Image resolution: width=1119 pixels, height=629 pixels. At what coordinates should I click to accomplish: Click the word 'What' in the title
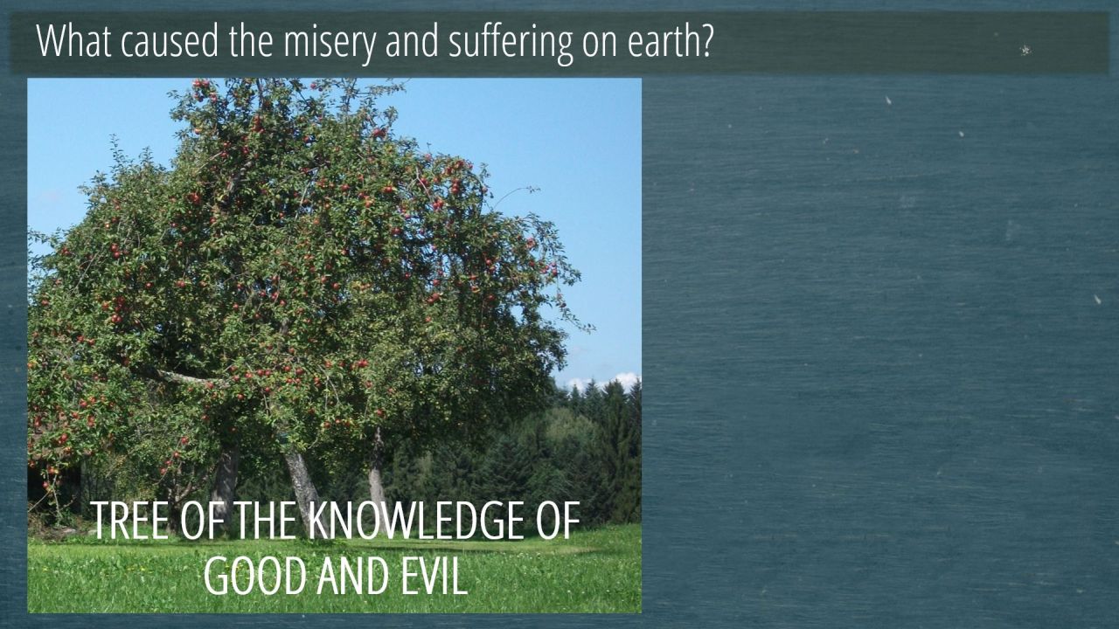(x=73, y=40)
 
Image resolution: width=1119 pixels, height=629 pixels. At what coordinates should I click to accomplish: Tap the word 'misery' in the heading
(x=330, y=44)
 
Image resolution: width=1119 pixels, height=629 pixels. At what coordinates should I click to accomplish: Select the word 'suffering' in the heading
(x=511, y=44)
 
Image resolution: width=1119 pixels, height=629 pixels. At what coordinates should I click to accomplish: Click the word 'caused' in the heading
(x=170, y=40)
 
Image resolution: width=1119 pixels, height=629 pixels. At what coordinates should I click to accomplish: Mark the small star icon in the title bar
(x=1025, y=50)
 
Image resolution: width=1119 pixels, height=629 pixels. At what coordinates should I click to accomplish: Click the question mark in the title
(x=707, y=40)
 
